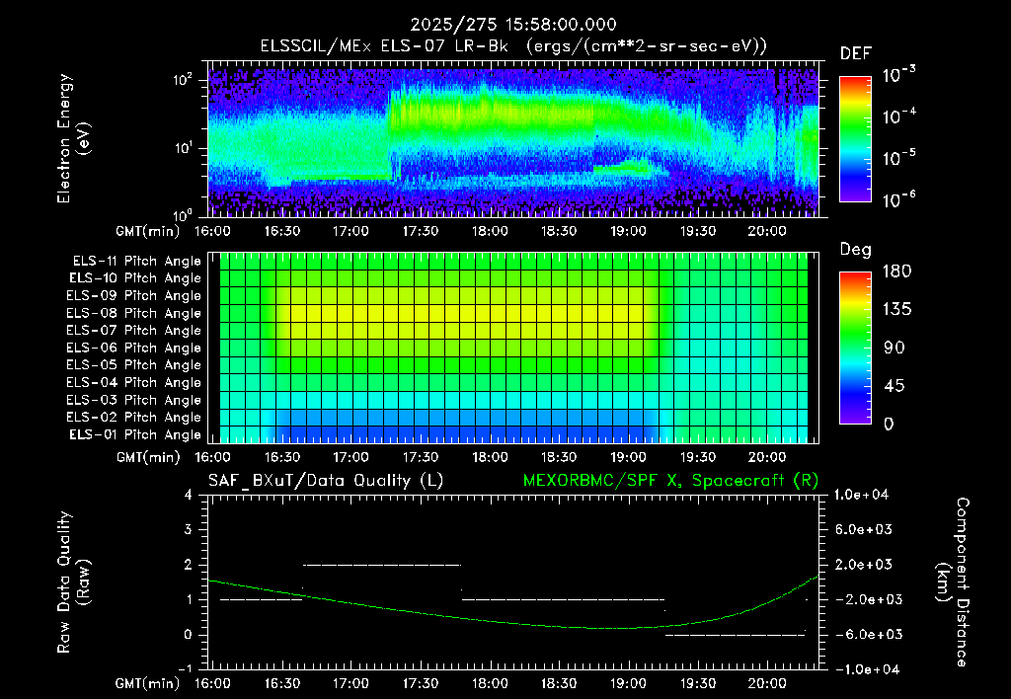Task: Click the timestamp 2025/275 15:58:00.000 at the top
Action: pos(513,25)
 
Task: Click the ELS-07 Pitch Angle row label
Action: pos(133,330)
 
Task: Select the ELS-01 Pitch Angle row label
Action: pos(134,434)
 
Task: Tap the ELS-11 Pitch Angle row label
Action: pos(136,261)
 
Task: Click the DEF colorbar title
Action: pos(856,53)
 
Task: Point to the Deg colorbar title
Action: pos(856,250)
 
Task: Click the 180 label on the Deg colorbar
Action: pos(896,271)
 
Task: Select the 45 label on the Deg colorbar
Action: pos(894,386)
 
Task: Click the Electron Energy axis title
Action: pos(73,138)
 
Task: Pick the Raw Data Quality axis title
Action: pos(73,582)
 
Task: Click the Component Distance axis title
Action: pos(953,582)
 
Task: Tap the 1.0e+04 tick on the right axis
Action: pos(861,495)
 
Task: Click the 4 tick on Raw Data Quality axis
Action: pos(188,495)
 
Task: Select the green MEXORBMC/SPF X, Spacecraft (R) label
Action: pos(670,481)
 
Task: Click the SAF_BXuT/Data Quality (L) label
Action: pos(326,481)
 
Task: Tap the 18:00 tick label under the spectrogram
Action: pos(490,231)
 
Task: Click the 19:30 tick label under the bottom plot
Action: pos(698,682)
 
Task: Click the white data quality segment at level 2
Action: pos(382,565)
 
